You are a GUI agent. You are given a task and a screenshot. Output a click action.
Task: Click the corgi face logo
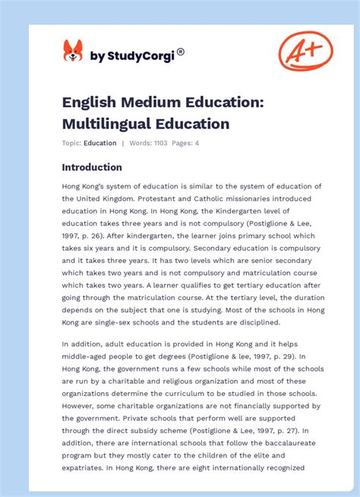point(73,51)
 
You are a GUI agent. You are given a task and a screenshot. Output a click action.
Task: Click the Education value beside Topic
point(100,143)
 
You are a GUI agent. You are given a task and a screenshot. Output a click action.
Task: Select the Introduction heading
point(92,167)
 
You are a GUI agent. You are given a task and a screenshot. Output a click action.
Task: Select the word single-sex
point(118,322)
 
